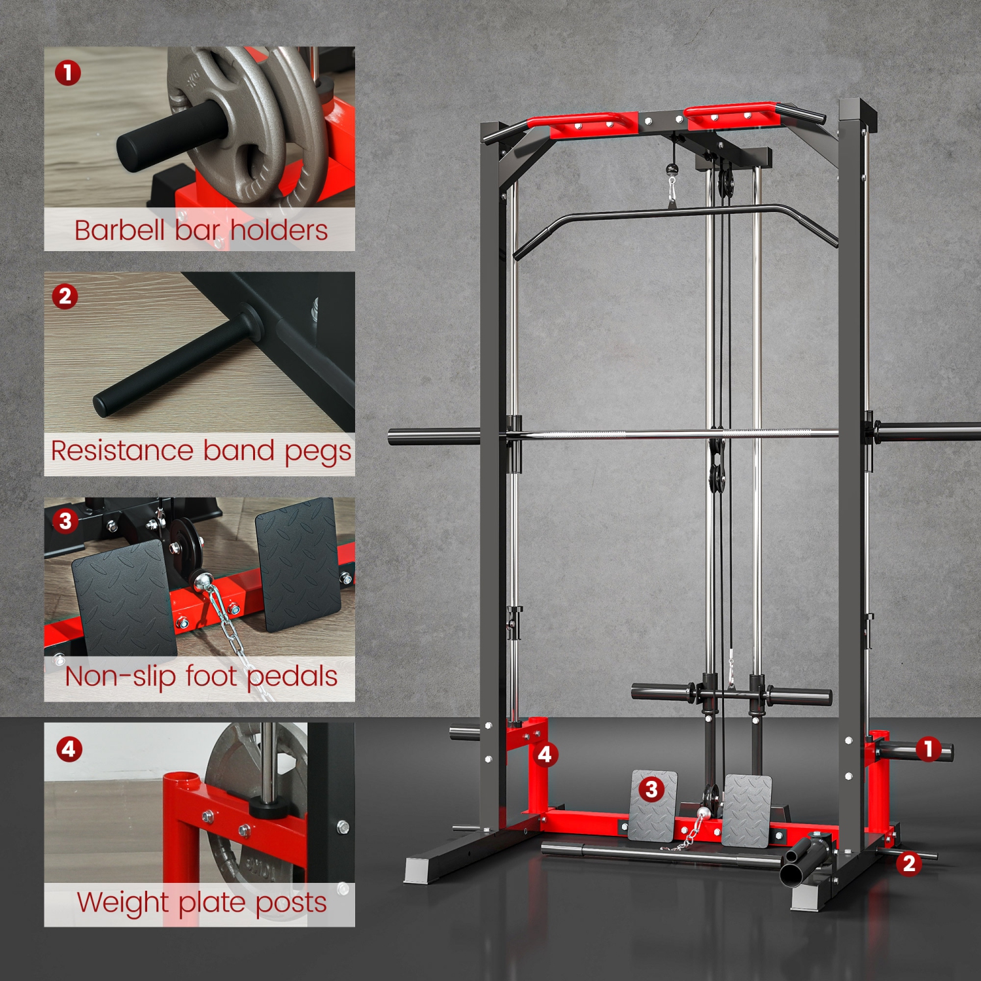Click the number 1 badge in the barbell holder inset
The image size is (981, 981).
[x=68, y=73]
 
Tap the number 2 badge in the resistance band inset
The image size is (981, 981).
[x=65, y=296]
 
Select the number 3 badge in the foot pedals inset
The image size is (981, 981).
[x=65, y=521]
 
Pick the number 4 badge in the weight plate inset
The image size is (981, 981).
[x=69, y=748]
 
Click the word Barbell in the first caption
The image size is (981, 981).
[x=120, y=230]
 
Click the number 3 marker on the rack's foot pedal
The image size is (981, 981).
[x=651, y=789]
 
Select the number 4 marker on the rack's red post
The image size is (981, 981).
[x=545, y=755]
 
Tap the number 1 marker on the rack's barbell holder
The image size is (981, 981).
[x=928, y=749]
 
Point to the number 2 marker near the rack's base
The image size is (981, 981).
[x=909, y=863]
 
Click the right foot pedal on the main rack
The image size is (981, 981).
[x=747, y=811]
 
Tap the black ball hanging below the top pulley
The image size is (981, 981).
[x=672, y=169]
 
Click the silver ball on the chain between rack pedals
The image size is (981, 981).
[x=704, y=814]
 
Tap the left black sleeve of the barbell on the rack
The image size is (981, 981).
[x=434, y=437]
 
